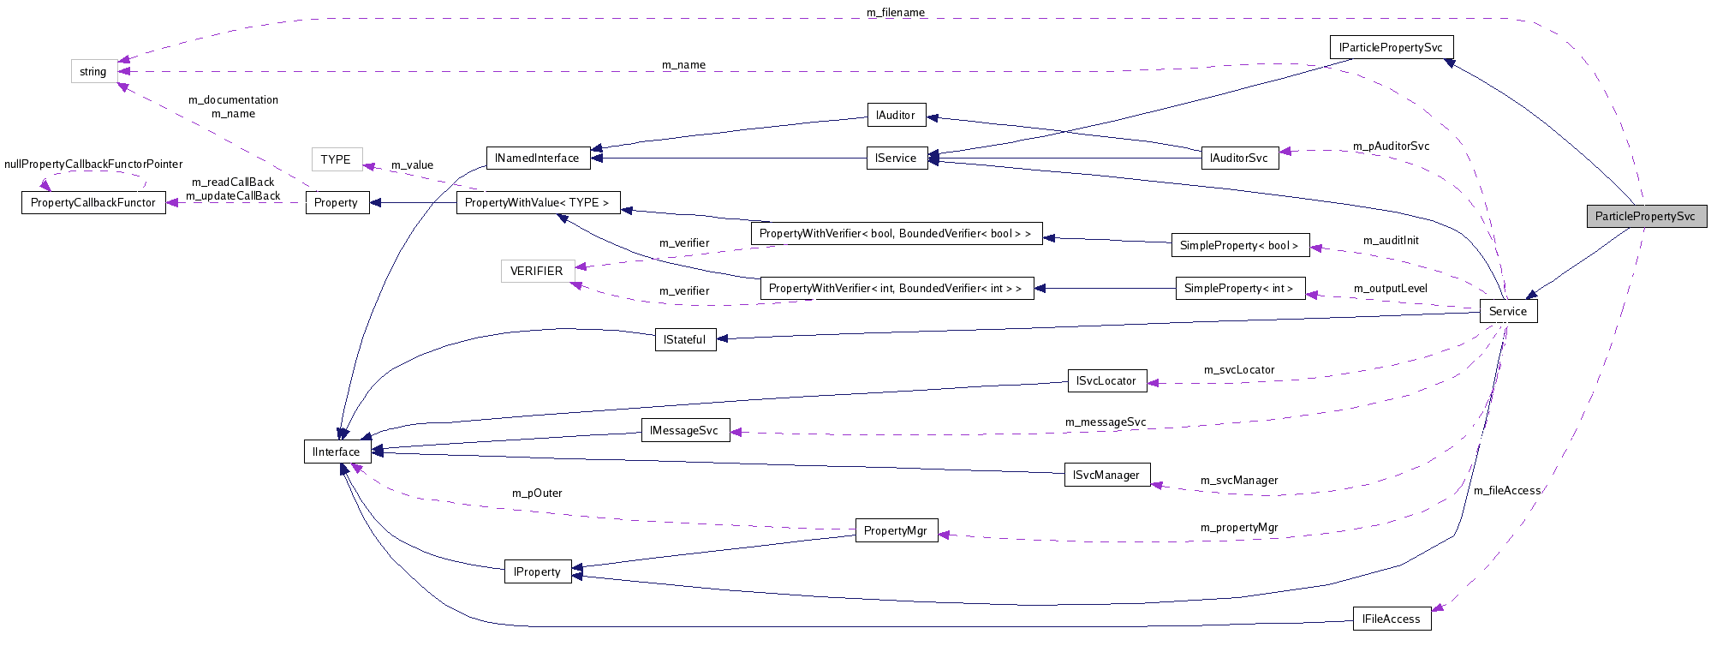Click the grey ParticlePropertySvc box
[1646, 216]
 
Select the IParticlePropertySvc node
[1391, 47]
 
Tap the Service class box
[1508, 311]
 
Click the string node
[93, 71]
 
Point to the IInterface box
[337, 452]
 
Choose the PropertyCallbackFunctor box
[93, 202]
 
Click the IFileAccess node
[1391, 619]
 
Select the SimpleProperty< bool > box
[1239, 245]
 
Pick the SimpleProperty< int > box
[1239, 288]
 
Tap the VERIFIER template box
[537, 271]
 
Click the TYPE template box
[336, 159]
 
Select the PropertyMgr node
[896, 530]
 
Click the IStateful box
[685, 339]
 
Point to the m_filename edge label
[896, 13]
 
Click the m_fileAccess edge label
[1506, 490]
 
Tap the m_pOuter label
[537, 493]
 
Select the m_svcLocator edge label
[1238, 369]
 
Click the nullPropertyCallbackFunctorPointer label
[93, 164]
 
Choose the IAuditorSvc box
[1239, 158]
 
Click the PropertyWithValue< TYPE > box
[537, 202]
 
